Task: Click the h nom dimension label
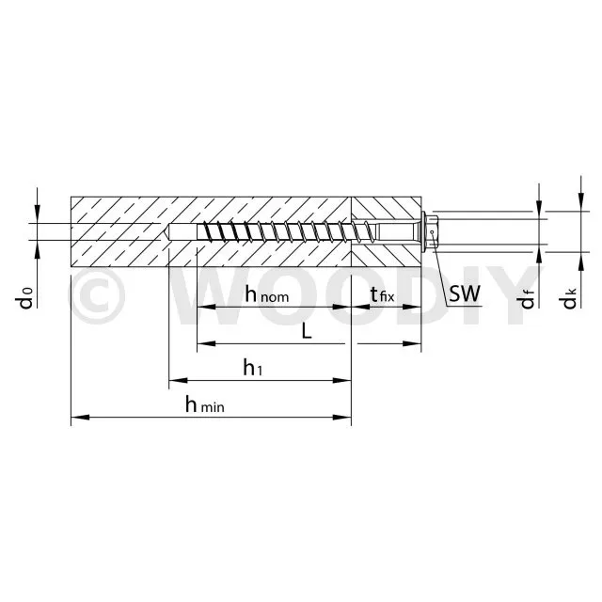click(267, 294)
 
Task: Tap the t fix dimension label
click(383, 294)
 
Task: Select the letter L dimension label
click(307, 331)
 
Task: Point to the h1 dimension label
click(253, 367)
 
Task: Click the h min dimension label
click(205, 404)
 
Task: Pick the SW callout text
click(465, 293)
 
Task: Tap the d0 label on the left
click(25, 298)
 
